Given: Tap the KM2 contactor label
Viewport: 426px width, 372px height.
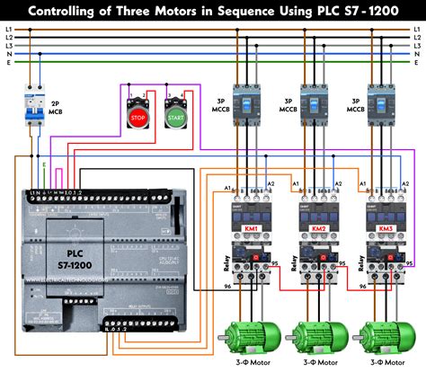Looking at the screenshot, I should (318, 229).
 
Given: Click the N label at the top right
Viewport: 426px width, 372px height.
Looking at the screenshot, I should (418, 54).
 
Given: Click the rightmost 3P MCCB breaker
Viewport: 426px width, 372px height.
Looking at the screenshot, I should (381, 109).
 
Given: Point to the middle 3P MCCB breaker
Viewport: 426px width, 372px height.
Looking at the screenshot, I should (315, 109).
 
